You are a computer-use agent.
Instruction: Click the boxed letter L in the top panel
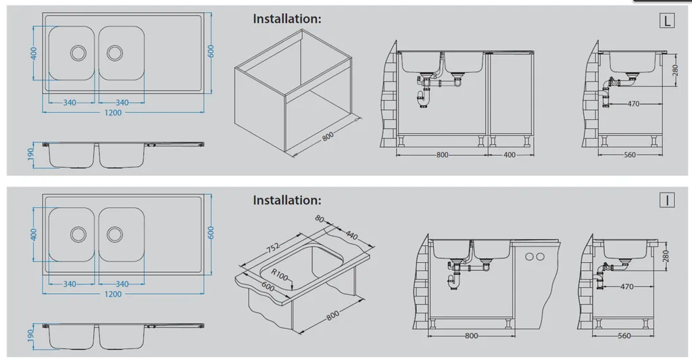[x=667, y=21]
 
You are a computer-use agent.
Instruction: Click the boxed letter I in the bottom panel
[x=667, y=201]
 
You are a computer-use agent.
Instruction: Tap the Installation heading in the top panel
[x=287, y=19]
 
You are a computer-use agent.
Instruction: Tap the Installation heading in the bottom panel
[x=287, y=201]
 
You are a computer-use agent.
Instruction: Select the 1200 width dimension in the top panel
[x=113, y=113]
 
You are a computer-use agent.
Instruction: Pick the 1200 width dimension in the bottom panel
[x=113, y=294]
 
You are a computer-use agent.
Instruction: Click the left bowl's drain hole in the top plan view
[x=78, y=53]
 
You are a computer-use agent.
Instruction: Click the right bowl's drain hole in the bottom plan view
[x=115, y=234]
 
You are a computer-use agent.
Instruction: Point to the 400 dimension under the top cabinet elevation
[x=510, y=155]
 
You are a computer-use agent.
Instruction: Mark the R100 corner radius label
[x=279, y=275]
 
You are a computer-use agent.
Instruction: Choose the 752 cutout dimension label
[x=273, y=248]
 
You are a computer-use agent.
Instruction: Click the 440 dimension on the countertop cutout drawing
[x=351, y=235]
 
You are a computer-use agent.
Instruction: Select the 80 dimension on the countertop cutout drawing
[x=320, y=219]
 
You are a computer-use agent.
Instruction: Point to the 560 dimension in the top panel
[x=630, y=155]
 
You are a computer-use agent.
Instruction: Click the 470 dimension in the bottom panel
[x=626, y=286]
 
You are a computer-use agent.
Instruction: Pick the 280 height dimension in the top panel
[x=675, y=71]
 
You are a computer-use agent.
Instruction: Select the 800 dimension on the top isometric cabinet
[x=328, y=136]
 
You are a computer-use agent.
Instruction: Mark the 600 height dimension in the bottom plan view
[x=211, y=233]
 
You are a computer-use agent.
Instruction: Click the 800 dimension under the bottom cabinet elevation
[x=471, y=336]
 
